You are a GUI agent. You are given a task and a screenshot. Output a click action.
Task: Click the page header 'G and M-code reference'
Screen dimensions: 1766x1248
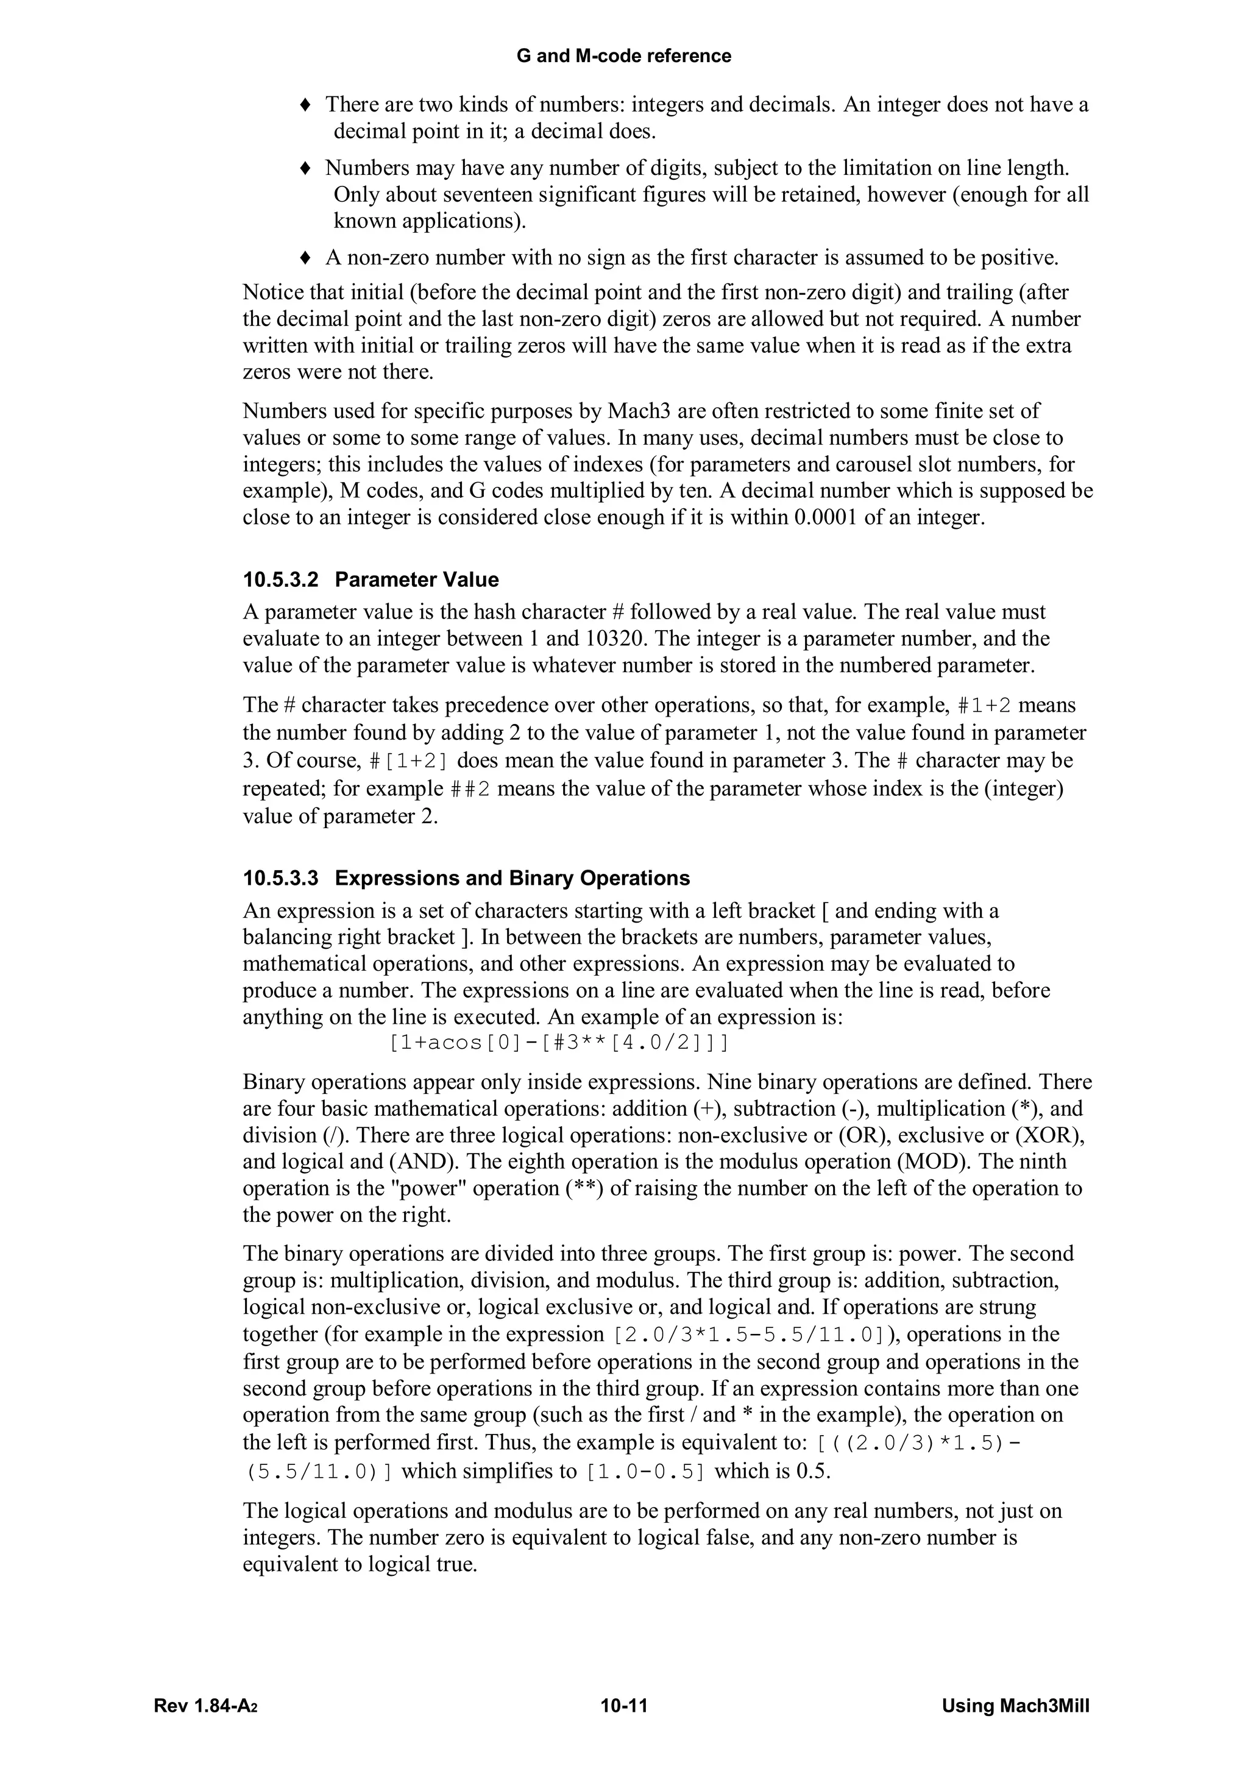623,55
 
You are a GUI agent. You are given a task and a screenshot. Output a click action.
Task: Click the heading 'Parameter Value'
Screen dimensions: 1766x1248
417,580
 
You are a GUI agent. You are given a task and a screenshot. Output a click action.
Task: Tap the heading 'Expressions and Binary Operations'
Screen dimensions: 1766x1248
512,878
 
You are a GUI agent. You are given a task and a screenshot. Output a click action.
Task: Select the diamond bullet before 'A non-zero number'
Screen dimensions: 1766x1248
305,258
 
